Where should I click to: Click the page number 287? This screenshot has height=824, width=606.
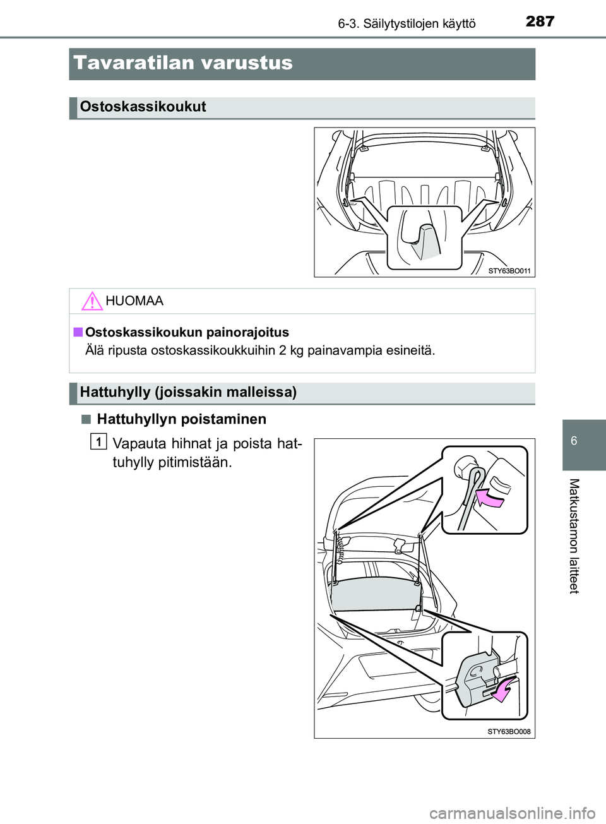pyautogui.click(x=540, y=21)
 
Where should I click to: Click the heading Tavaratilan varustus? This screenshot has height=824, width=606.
pyautogui.click(x=183, y=63)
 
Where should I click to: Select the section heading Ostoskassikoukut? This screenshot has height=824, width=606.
pyautogui.click(x=143, y=107)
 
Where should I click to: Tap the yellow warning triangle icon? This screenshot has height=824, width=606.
pyautogui.click(x=92, y=301)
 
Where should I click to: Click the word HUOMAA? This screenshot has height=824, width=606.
pyautogui.click(x=134, y=301)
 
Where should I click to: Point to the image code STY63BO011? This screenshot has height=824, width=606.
pyautogui.click(x=509, y=271)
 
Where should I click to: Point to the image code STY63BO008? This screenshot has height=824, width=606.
pyautogui.click(x=509, y=732)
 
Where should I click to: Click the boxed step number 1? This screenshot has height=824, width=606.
pyautogui.click(x=98, y=441)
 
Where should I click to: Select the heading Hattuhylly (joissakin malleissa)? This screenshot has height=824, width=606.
pyautogui.click(x=188, y=392)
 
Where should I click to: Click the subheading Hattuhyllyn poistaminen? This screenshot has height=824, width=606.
pyautogui.click(x=181, y=419)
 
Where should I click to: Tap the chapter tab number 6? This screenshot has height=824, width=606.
pyautogui.click(x=574, y=441)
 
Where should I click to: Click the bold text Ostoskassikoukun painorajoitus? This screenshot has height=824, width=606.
pyautogui.click(x=187, y=333)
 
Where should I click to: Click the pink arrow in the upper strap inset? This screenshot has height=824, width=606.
pyautogui.click(x=490, y=499)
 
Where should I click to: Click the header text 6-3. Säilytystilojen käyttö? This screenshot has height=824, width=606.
pyautogui.click(x=407, y=24)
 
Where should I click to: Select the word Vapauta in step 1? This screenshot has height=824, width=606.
pyautogui.click(x=138, y=444)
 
